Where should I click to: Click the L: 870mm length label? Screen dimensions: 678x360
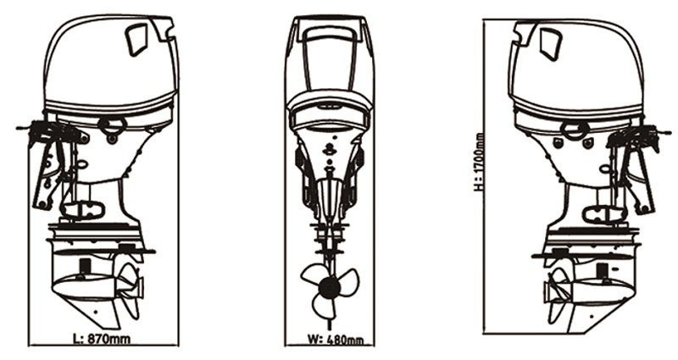pyautogui.click(x=102, y=338)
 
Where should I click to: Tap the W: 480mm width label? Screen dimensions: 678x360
pyautogui.click(x=335, y=340)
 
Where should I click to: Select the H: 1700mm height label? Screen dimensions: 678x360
pyautogui.click(x=478, y=162)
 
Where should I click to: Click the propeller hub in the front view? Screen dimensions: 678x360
pyautogui.click(x=328, y=287)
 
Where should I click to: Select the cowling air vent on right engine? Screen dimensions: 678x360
pyautogui.click(x=550, y=44)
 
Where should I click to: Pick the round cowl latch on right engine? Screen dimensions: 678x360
pyautogui.click(x=576, y=129)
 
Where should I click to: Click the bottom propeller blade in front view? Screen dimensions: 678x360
pyautogui.click(x=325, y=307)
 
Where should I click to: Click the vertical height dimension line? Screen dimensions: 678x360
pyautogui.click(x=483, y=176)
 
